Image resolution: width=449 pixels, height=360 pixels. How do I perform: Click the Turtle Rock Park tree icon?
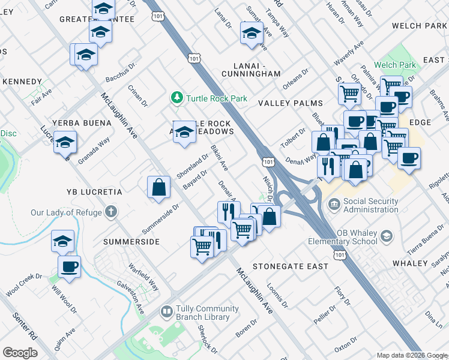coord(176,97)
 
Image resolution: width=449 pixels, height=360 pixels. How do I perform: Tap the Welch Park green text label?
coord(394,65)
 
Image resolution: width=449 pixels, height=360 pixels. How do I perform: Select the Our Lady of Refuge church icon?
coord(110,212)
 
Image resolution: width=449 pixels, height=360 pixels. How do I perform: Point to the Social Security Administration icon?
coord(333,205)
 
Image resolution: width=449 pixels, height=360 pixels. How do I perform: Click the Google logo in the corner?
coord(20,352)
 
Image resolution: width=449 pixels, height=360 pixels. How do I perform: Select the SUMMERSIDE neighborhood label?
coord(131,242)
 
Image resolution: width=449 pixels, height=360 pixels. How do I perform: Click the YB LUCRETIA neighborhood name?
coord(87,192)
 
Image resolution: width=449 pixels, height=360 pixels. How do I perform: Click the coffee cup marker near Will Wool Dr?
coord(69,266)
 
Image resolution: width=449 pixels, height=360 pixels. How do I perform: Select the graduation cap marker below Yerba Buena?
coord(65,143)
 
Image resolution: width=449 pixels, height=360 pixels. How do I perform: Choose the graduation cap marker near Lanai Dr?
coord(252,34)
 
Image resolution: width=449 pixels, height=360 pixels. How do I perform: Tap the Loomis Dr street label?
coord(277,296)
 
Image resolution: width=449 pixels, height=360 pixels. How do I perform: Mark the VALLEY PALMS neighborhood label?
coord(291,104)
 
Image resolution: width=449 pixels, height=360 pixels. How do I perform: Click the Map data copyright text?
coord(412,355)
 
